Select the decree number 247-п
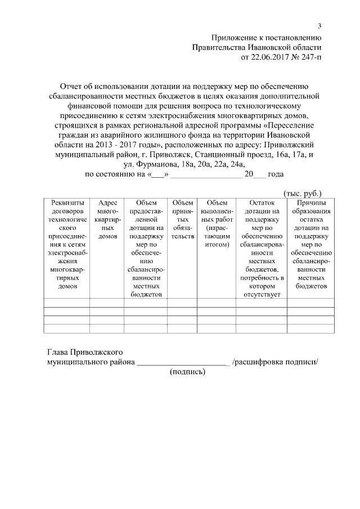coord(312,57)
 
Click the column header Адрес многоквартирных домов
coord(107,220)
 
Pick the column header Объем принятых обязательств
coord(182,220)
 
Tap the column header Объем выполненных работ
coord(217,224)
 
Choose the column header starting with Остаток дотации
coord(261,248)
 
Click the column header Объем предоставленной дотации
coord(146,248)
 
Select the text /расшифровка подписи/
coord(275,362)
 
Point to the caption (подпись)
coord(188,372)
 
